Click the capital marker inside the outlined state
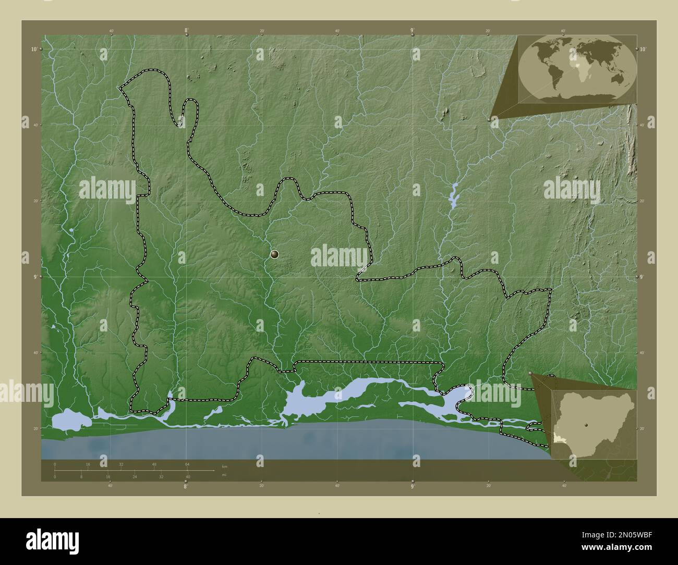275,254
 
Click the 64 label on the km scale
187,464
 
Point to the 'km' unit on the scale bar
225,466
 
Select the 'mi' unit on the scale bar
224,474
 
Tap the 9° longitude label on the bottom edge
412,487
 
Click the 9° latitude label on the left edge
34,277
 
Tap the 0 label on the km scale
55,464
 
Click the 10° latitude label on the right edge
643,49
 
